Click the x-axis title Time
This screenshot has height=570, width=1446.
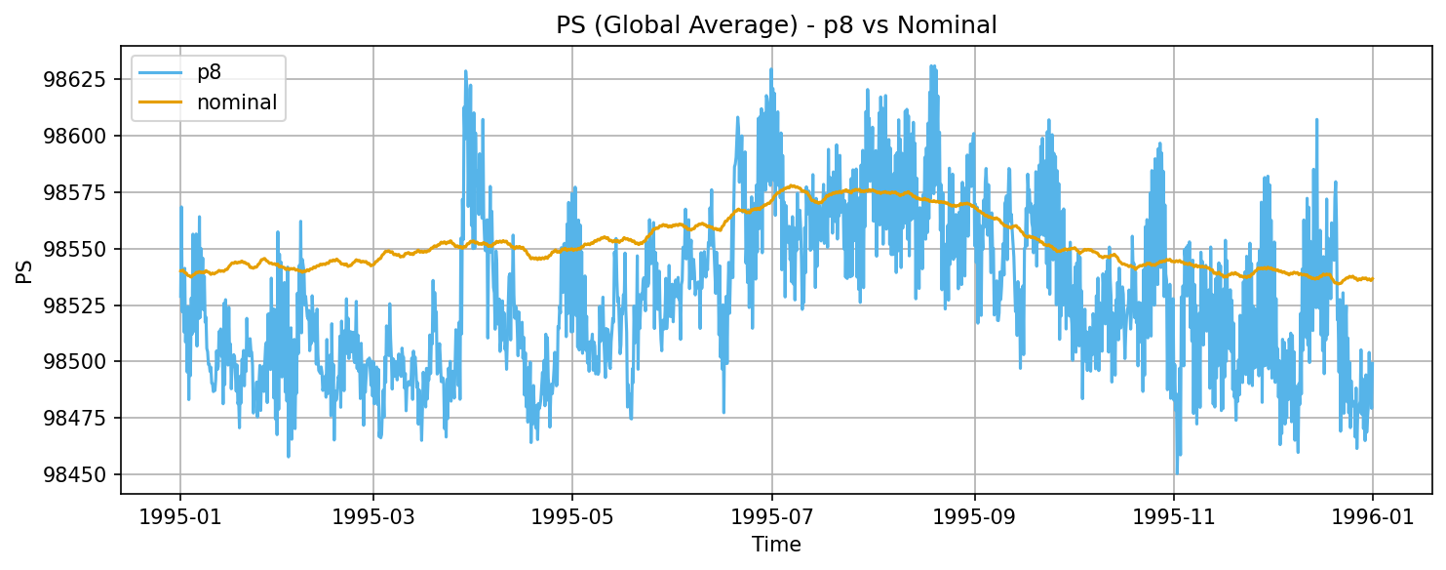776,545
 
